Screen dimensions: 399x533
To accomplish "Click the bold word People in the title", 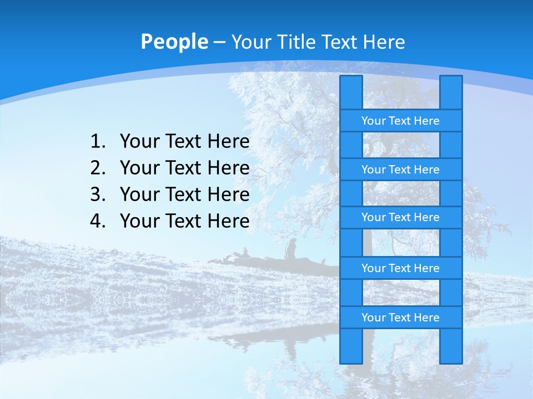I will click(x=174, y=42).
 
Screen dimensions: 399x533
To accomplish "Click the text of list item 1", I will click(x=184, y=142).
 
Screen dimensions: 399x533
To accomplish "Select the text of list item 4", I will click(x=184, y=221).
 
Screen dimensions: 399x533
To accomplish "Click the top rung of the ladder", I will click(x=400, y=121).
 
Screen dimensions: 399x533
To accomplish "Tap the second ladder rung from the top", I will click(x=400, y=170).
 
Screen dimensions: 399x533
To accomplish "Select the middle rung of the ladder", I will click(x=400, y=218).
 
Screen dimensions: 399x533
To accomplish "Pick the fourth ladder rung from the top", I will click(x=400, y=268).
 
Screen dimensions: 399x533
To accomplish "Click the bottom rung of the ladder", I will click(x=400, y=318).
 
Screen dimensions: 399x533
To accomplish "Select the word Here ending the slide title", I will click(x=384, y=42).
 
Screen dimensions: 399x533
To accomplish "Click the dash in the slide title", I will click(x=219, y=42).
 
